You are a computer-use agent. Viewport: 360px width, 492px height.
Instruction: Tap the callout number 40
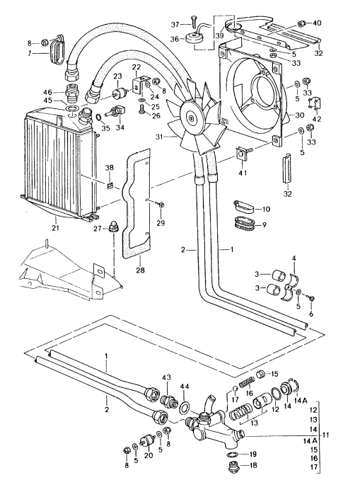pos(316,23)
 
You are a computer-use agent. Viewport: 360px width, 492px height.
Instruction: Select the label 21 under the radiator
pos(54,227)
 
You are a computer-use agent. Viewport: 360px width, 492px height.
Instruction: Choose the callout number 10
pos(266,210)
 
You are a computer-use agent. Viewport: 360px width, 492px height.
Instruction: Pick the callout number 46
pos(48,92)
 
